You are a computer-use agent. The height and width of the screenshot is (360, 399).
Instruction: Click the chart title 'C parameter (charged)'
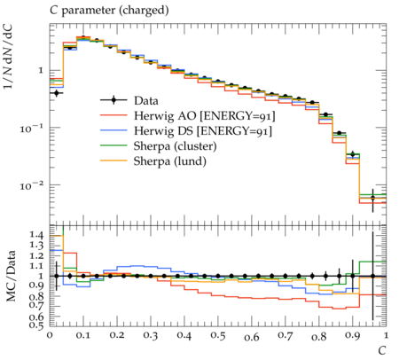coord(109,11)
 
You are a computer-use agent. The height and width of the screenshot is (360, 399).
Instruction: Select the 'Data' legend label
coord(146,101)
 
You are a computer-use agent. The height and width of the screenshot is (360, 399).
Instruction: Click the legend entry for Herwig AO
coord(204,116)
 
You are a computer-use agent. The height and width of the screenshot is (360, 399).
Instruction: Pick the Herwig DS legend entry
coord(203,131)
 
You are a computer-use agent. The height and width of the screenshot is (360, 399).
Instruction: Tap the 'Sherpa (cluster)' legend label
coord(176,146)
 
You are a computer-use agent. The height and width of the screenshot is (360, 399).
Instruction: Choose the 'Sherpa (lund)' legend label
coord(170,161)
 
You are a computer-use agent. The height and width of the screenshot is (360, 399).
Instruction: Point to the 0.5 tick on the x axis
coord(218,336)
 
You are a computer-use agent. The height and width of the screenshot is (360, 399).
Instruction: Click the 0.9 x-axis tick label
coord(353,336)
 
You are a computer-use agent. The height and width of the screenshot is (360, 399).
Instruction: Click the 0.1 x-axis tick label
coord(83,336)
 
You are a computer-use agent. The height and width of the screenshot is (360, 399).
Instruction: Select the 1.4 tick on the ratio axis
coord(36,235)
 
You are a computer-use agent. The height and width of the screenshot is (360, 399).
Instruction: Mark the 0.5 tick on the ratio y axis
coord(36,325)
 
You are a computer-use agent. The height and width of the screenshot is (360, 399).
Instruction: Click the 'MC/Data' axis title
coord(11,276)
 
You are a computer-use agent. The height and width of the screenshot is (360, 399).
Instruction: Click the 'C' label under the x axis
coord(382,350)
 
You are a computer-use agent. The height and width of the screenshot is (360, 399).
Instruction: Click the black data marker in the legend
coord(113,100)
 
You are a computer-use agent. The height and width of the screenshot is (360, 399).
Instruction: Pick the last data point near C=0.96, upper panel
coord(372,198)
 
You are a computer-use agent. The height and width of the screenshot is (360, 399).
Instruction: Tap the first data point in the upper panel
coord(57,93)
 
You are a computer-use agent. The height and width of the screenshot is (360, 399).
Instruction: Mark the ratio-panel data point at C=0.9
coord(353,276)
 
